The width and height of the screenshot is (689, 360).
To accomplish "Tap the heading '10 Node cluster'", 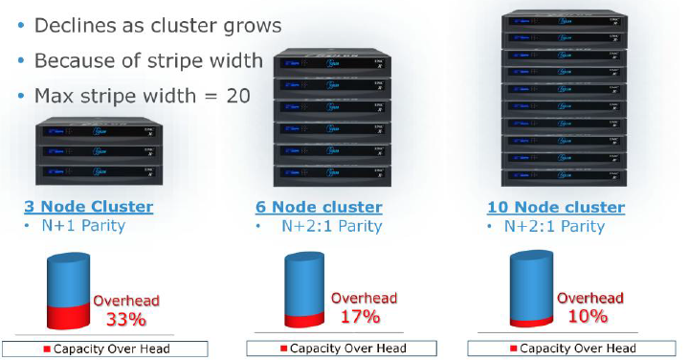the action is pyautogui.click(x=557, y=207).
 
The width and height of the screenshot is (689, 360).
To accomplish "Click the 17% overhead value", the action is pyautogui.click(x=359, y=317).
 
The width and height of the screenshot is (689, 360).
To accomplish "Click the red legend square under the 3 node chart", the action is pyautogui.click(x=46, y=348).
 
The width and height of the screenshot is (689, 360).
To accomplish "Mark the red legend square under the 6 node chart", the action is pyautogui.click(x=283, y=348).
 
